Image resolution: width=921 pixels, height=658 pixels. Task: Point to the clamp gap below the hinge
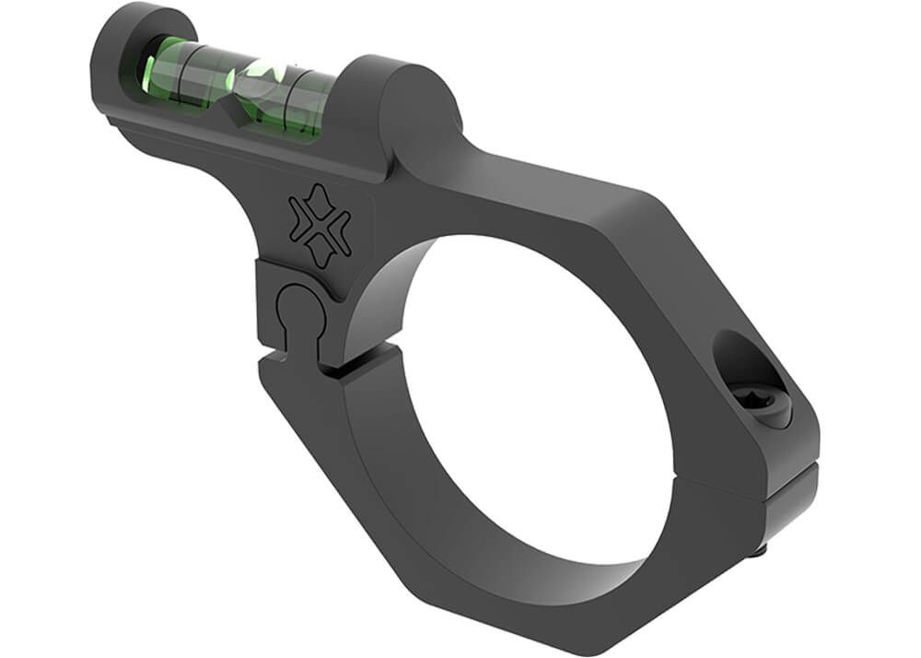pyautogui.click(x=304, y=361)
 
